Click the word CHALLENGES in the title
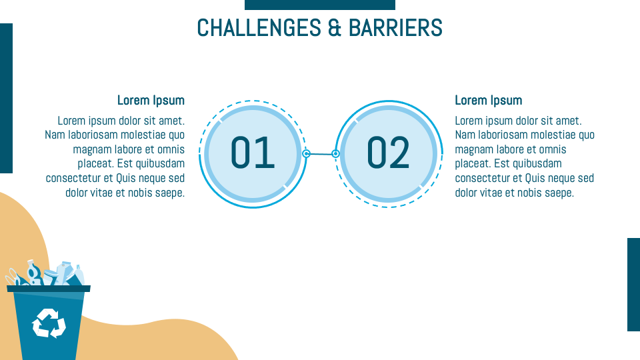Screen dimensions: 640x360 pyautogui.click(x=259, y=28)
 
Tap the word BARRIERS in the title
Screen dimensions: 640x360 pyautogui.click(x=395, y=28)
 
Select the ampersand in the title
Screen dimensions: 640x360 pyautogui.click(x=335, y=28)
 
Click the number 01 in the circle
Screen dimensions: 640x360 pyautogui.click(x=253, y=153)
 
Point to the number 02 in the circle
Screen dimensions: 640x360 pyautogui.click(x=388, y=153)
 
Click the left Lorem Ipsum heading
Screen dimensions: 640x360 pyautogui.click(x=151, y=101)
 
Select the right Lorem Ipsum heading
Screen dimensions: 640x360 pyautogui.click(x=489, y=101)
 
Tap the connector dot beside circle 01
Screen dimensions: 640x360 pyautogui.click(x=306, y=153)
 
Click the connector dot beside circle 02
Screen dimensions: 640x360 pyautogui.click(x=335, y=153)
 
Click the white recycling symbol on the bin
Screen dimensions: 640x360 pyautogui.click(x=49, y=323)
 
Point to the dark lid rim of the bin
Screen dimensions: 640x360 pyautogui.click(x=49, y=289)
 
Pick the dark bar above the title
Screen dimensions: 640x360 pyautogui.click(x=320, y=5)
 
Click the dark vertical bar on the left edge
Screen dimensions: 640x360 pyautogui.click(x=6, y=99)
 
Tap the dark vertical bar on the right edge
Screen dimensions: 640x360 pyautogui.click(x=633, y=285)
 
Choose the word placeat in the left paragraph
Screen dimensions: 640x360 pyautogui.click(x=96, y=164)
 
